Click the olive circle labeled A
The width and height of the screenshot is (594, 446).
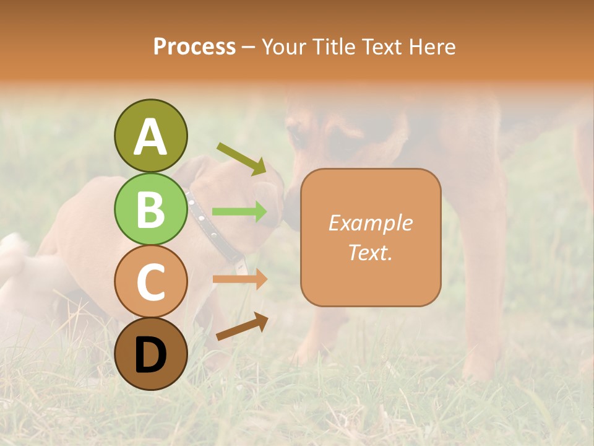150,136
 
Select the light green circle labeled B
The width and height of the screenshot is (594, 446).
150,209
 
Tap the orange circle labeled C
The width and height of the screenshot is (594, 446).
150,281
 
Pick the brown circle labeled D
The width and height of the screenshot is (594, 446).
150,354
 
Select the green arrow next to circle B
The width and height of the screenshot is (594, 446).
239,212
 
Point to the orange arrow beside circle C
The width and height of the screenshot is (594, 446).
239,279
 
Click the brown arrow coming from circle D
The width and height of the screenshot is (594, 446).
242,326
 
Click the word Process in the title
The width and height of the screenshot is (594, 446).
194,46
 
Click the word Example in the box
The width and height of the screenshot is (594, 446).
370,223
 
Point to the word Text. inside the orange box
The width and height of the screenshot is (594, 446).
370,252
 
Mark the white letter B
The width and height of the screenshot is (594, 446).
150,209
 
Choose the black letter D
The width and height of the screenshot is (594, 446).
150,354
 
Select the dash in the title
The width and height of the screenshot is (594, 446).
249,48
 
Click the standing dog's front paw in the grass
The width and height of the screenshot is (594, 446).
309,353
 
